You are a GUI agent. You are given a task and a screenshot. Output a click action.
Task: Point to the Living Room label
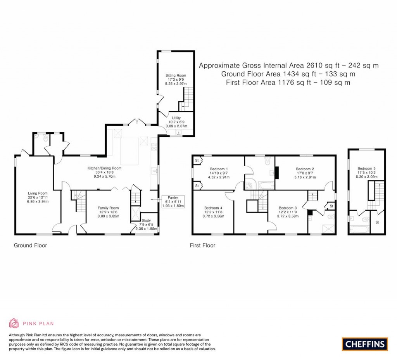pos(37,193)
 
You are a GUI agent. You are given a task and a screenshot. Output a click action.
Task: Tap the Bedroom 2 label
pos(305,169)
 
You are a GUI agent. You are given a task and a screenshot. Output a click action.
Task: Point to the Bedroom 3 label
pos(287,208)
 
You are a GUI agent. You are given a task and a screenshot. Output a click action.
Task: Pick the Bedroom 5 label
pos(366,168)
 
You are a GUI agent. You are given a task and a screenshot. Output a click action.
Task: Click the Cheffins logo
pos(364,344)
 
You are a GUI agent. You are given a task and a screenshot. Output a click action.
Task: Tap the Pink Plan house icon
pos(14,323)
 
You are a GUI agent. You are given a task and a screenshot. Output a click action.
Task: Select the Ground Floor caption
pos(31,245)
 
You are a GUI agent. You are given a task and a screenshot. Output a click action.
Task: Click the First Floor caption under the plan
pos(202,245)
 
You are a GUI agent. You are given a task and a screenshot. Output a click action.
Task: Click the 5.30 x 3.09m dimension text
pos(366,177)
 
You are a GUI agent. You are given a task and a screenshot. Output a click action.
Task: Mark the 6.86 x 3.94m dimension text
pos(37,202)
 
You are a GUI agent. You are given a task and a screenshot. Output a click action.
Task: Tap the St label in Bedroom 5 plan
pos(377,223)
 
